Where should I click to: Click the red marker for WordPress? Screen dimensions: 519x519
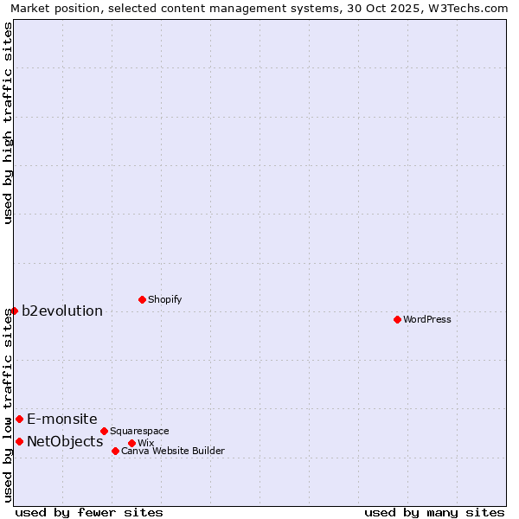click(x=397, y=319)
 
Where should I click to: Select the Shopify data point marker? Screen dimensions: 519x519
click(x=142, y=299)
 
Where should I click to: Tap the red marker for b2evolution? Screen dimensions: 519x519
click(x=15, y=311)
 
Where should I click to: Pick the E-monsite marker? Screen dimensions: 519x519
click(x=19, y=419)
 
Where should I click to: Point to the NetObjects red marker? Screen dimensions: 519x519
click(x=19, y=441)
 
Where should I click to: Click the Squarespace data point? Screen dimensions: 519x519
click(x=104, y=431)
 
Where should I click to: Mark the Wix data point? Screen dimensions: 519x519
click(x=131, y=443)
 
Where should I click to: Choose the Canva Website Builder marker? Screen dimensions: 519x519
click(x=115, y=451)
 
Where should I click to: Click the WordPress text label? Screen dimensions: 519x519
click(x=427, y=319)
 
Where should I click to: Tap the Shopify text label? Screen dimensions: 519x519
click(x=164, y=299)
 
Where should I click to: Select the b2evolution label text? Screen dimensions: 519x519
click(x=62, y=311)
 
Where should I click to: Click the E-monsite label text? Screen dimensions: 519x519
click(x=62, y=419)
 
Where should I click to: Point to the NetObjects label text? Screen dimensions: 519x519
click(x=65, y=441)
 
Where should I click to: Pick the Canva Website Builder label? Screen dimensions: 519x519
click(x=173, y=451)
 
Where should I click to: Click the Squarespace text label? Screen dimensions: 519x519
click(x=139, y=431)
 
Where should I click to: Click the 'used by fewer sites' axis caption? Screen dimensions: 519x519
click(x=89, y=512)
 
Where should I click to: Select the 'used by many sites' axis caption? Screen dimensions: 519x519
click(x=434, y=512)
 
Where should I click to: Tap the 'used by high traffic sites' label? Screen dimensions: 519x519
click(x=8, y=123)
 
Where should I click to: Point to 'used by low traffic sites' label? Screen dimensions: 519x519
click(x=8, y=404)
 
